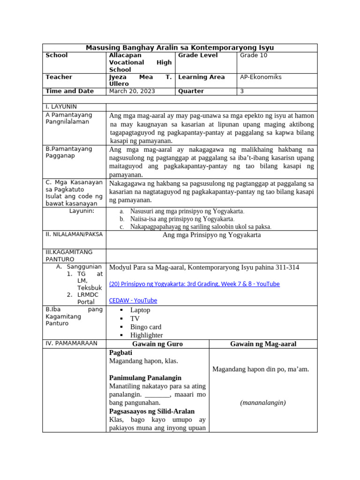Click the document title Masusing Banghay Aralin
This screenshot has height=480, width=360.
tap(180, 48)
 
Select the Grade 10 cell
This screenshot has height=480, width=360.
tap(253, 55)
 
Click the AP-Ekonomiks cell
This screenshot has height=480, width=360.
tap(261, 77)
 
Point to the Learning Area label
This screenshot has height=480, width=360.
tap(202, 77)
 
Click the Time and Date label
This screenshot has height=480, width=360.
tap(69, 91)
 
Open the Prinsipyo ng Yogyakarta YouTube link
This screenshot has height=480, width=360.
tap(194, 284)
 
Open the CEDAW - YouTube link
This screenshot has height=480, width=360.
tap(133, 300)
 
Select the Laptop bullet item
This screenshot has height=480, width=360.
tap(140, 310)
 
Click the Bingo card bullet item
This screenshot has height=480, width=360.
tap(145, 327)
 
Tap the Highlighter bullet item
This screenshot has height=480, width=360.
tap(146, 335)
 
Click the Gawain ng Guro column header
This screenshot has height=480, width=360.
tap(157, 344)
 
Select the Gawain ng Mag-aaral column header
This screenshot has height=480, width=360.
tap(263, 344)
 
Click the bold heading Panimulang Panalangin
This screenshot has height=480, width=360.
tap(145, 378)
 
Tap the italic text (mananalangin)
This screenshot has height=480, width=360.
tap(263, 403)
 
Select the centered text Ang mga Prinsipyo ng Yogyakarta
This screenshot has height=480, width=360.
tap(211, 235)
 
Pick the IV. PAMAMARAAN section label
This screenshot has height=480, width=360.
tap(71, 344)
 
